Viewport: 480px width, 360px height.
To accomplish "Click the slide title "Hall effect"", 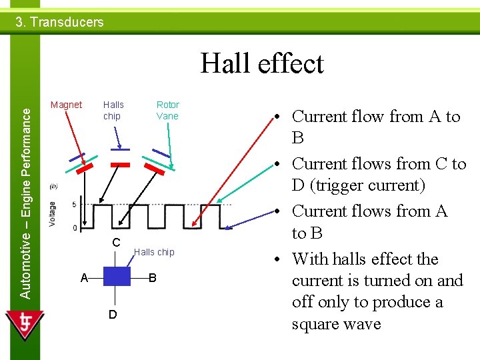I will pos(262,64).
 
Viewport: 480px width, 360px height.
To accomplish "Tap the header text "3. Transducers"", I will pos(59,22).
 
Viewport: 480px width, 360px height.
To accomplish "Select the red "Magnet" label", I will pos(66,105).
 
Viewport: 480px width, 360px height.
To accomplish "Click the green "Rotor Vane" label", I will pos(167,110).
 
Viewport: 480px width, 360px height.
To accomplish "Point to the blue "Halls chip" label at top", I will pos(113,110).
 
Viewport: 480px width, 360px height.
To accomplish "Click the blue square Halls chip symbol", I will pos(117,277).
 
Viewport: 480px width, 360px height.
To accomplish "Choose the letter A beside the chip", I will pos(84,277).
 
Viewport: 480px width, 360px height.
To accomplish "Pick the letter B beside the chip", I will pos(152,277).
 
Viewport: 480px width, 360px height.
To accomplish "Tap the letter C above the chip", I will pos(115,243).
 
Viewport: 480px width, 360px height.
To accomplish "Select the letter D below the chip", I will pos(113,314).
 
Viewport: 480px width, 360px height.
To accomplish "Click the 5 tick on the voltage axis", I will pos(74,204).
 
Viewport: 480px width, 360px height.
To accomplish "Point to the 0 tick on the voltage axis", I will pos(74,228).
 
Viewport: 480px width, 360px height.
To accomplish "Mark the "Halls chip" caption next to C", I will pos(154,252).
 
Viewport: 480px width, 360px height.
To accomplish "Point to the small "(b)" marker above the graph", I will pos(53,186).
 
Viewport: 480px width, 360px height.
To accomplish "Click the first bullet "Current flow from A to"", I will pos(376,117).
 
